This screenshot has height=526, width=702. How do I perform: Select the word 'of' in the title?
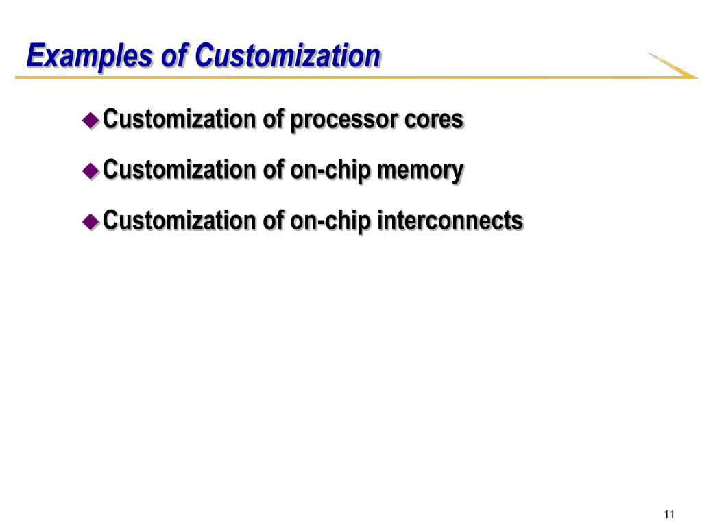point(173,56)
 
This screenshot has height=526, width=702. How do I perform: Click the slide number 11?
point(670,515)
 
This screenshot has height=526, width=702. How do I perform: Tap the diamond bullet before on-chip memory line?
point(90,171)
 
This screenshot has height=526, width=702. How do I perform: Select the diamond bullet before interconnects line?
point(90,221)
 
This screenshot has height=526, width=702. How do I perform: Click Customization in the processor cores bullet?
point(180,120)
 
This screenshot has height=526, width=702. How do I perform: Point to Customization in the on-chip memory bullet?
point(180,171)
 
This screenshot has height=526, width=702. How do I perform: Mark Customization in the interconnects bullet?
point(180,221)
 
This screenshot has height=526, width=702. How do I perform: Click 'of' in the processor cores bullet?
point(273,120)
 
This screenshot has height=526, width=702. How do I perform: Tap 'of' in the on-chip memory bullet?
point(273,171)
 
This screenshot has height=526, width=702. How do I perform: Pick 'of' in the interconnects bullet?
point(273,221)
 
